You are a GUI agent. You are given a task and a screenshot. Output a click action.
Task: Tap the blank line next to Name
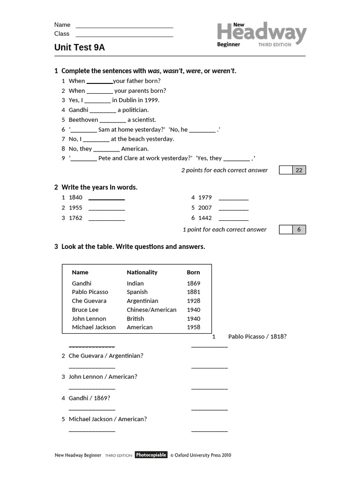tap(124, 25)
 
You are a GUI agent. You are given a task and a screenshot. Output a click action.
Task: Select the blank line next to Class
tap(124, 34)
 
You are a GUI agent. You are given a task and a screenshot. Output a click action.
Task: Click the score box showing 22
tap(299, 170)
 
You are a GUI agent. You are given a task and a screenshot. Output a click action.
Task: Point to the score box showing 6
tap(299, 230)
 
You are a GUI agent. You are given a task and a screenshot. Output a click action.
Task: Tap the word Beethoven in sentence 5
tap(83, 120)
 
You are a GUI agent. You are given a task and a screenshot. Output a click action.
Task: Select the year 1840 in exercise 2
tap(75, 198)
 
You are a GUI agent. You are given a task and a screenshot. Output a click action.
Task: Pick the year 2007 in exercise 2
tap(205, 208)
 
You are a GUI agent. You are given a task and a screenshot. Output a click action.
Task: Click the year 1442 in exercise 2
tap(205, 218)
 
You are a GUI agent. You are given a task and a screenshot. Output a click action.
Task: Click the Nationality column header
tap(142, 272)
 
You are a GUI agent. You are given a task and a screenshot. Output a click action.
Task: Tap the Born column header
tap(193, 272)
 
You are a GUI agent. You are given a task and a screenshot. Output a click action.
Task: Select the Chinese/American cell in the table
tap(151, 310)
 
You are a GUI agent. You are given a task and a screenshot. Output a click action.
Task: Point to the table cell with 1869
tap(193, 284)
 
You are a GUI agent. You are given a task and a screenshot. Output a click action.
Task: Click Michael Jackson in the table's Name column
tap(94, 327)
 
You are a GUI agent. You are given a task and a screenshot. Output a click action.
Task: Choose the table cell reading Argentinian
tap(142, 301)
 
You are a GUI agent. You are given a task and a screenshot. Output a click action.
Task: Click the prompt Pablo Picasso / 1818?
tap(257, 337)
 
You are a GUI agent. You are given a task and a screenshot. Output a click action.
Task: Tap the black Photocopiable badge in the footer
tap(151, 455)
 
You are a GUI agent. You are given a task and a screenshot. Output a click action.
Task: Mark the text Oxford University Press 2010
tap(202, 455)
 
